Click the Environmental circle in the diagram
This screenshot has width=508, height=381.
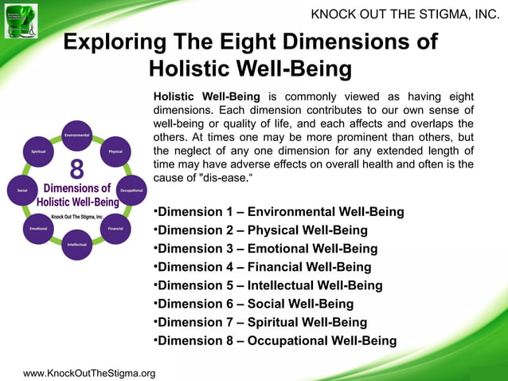coord(77,135)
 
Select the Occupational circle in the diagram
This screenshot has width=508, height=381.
coord(131,190)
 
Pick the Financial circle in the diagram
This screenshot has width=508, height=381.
coord(115,228)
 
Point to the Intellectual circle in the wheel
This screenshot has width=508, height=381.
coord(77,244)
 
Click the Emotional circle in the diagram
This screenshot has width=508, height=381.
coord(38,228)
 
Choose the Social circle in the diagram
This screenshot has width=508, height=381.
coord(22,190)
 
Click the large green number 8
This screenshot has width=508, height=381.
coord(77,171)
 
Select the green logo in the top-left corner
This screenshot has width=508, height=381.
coord(21,20)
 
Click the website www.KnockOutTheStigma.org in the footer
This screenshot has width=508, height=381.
coord(89,373)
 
